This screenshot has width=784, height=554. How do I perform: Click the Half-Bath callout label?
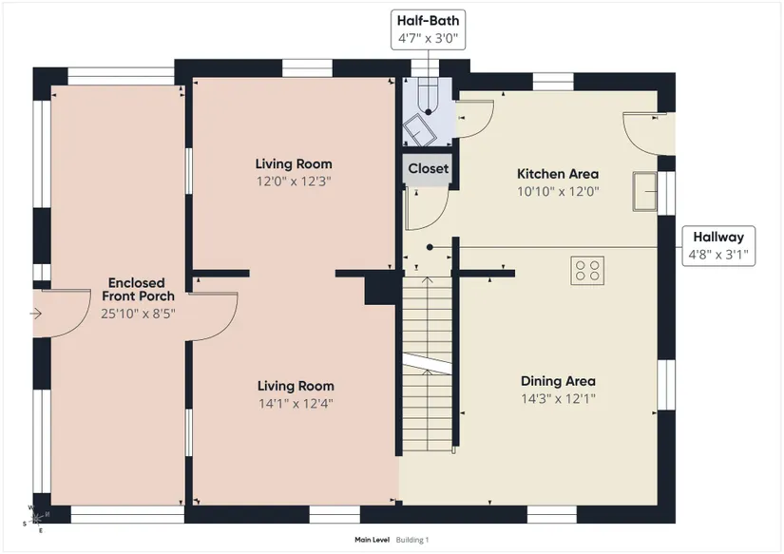click(x=428, y=29)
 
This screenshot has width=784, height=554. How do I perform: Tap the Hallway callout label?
click(x=718, y=245)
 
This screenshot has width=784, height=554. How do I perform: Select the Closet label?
click(x=429, y=168)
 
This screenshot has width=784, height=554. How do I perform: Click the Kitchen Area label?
click(x=558, y=174)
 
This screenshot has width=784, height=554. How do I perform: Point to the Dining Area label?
click(x=558, y=381)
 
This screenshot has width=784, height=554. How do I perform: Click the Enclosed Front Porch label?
click(x=138, y=290)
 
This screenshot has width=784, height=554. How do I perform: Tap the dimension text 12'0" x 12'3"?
click(x=294, y=181)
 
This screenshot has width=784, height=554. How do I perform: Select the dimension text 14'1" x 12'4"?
click(x=296, y=403)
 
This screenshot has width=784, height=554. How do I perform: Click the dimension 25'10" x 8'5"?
click(x=138, y=314)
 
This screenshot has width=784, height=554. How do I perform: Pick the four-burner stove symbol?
click(x=587, y=271)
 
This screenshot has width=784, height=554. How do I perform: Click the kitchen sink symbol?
click(x=645, y=191)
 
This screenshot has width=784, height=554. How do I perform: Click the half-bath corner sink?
click(x=419, y=129)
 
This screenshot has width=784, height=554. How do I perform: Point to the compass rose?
click(x=36, y=519)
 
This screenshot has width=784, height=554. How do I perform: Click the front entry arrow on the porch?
click(x=35, y=314)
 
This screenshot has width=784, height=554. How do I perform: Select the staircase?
click(x=428, y=364)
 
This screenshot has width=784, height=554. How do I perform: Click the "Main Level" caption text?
click(x=372, y=540)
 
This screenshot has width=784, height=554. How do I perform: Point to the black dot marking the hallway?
click(x=430, y=247)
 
